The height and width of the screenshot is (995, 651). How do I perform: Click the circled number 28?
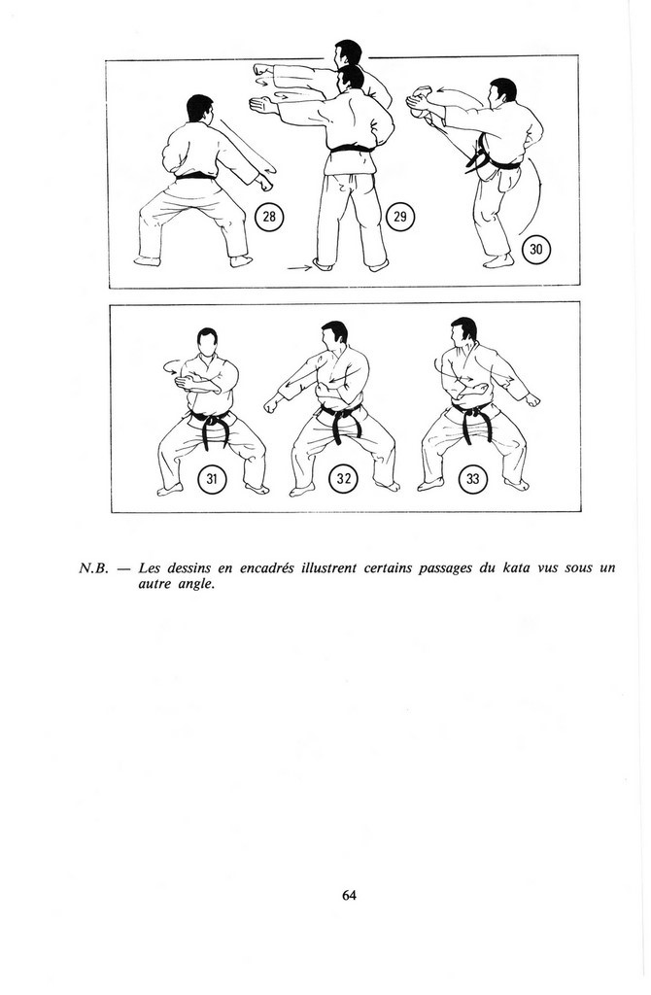click(269, 217)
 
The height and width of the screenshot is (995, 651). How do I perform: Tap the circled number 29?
click(399, 217)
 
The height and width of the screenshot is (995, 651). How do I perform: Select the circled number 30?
click(536, 250)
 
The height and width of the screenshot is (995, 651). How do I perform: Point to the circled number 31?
click(212, 478)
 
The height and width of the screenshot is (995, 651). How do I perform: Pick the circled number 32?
click(343, 478)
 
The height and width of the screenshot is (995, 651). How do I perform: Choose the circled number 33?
click(473, 478)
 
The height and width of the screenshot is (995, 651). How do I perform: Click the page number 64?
click(349, 895)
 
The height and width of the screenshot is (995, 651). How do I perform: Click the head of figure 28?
click(199, 108)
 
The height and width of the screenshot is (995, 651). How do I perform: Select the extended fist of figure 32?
click(273, 403)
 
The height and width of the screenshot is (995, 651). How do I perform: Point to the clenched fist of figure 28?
click(264, 182)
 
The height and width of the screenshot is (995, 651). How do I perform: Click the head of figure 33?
click(463, 332)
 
